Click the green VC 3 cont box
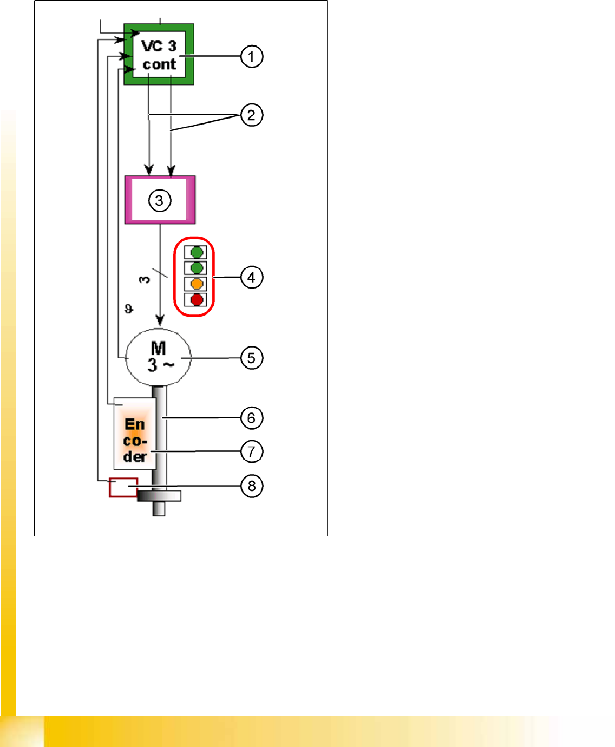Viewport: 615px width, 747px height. pyautogui.click(x=159, y=54)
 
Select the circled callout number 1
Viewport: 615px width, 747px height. pyautogui.click(x=251, y=56)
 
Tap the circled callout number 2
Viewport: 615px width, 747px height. pyautogui.click(x=251, y=115)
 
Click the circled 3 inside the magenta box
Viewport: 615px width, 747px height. pyautogui.click(x=159, y=200)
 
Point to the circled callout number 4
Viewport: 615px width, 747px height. pyautogui.click(x=251, y=277)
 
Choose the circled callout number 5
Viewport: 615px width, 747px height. pyautogui.click(x=251, y=358)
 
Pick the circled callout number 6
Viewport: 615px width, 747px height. pyautogui.click(x=251, y=417)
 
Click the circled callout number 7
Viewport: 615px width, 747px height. pyautogui.click(x=251, y=451)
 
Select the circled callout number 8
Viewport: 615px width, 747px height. pyautogui.click(x=251, y=486)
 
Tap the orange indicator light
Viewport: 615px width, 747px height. pyautogui.click(x=197, y=284)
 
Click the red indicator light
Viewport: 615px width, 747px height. pyautogui.click(x=197, y=299)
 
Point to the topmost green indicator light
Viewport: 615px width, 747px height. pyautogui.click(x=197, y=252)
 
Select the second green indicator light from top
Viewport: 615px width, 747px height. pyautogui.click(x=197, y=268)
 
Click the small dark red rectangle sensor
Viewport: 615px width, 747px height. pyautogui.click(x=123, y=487)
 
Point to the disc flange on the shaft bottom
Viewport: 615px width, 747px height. pyautogui.click(x=159, y=495)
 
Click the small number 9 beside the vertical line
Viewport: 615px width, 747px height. pyautogui.click(x=128, y=309)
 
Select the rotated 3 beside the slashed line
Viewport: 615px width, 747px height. pyautogui.click(x=144, y=279)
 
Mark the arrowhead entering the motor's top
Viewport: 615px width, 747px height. pyautogui.click(x=160, y=320)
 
